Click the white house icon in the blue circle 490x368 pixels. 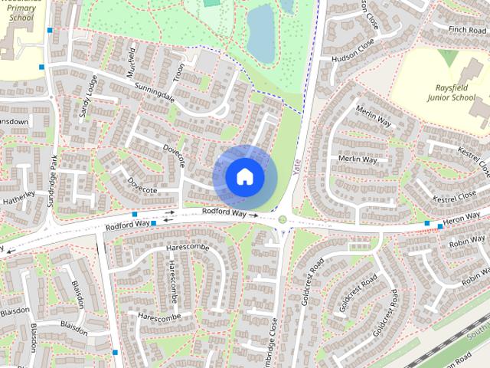tap(244, 177)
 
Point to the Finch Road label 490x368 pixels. tap(468, 29)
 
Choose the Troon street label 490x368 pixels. tap(179, 74)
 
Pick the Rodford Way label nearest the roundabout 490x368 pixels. tap(224, 212)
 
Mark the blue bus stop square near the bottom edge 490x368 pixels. tap(115, 353)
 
